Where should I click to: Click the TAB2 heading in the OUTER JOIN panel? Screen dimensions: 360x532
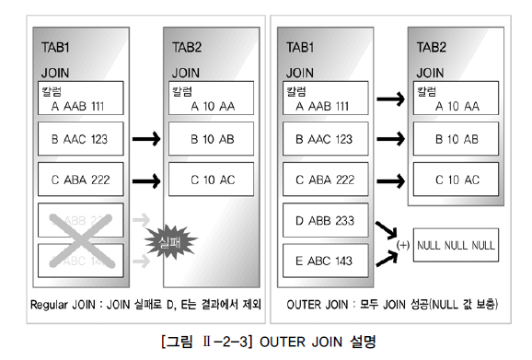(x=434, y=47)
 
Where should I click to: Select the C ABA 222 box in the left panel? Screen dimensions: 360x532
(x=78, y=180)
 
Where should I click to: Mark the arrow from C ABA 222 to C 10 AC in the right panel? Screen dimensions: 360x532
(x=387, y=180)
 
